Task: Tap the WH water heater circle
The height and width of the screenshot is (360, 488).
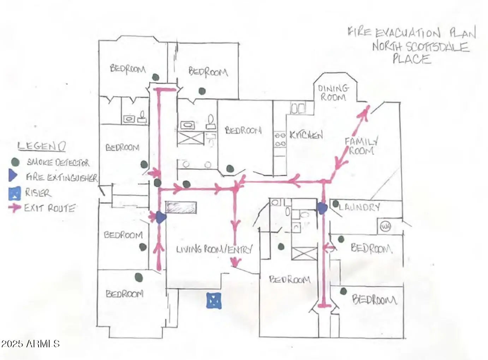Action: click(x=386, y=227)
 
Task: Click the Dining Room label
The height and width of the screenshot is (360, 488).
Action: click(x=333, y=92)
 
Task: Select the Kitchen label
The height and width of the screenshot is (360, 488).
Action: click(x=306, y=135)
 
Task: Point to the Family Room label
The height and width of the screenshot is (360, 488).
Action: click(x=361, y=146)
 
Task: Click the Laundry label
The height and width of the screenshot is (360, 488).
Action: click(x=359, y=207)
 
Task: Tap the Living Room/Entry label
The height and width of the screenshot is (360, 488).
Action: click(x=214, y=250)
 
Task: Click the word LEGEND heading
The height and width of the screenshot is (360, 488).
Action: click(x=41, y=146)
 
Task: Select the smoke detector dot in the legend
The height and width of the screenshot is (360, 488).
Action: click(x=15, y=162)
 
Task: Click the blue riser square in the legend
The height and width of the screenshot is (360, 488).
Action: click(x=14, y=193)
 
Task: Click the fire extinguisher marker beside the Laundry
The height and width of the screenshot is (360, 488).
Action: click(x=322, y=208)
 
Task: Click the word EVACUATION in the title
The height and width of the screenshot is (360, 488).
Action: click(x=407, y=33)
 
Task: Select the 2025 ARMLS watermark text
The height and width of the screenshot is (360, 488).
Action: click(x=30, y=343)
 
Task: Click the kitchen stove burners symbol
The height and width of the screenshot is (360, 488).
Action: click(x=280, y=139)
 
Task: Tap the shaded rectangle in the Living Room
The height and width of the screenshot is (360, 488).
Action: click(x=181, y=208)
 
